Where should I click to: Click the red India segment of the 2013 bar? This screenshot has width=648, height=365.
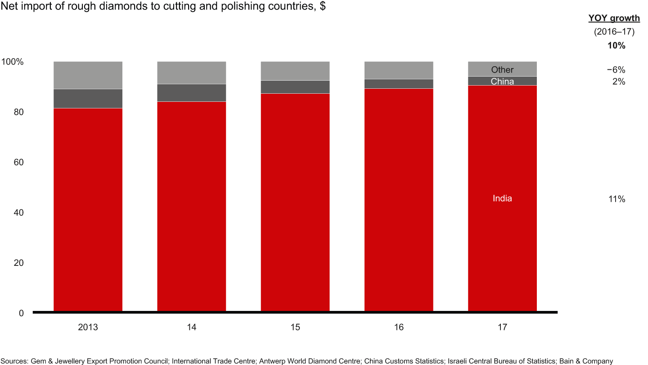(x=88, y=210)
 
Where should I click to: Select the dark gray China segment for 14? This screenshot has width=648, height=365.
(x=191, y=93)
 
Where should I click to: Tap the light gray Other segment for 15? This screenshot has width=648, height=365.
(x=295, y=71)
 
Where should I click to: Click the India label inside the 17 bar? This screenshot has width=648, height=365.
(x=502, y=199)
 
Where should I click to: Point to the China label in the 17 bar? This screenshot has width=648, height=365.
(x=502, y=82)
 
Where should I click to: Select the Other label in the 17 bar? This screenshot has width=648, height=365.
(x=502, y=69)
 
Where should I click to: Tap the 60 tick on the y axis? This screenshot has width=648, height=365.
(x=18, y=162)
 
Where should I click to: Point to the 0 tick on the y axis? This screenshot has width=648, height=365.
(x=21, y=313)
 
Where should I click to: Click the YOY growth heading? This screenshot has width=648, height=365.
(x=614, y=18)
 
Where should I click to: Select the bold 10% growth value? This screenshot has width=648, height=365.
(x=616, y=46)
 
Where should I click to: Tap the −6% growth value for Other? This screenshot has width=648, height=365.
(x=616, y=70)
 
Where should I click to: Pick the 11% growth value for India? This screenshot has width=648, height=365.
(x=616, y=199)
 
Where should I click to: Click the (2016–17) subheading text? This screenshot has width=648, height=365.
(x=614, y=32)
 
